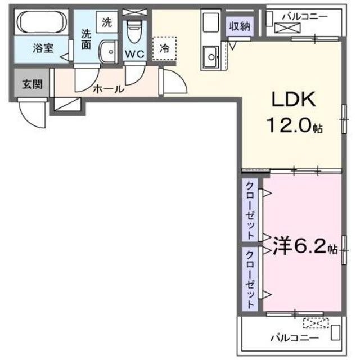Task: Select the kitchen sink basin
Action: tap(211, 56)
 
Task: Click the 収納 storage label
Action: tap(239, 25)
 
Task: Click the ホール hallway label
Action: tap(106, 88)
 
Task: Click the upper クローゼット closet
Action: tap(249, 209)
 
